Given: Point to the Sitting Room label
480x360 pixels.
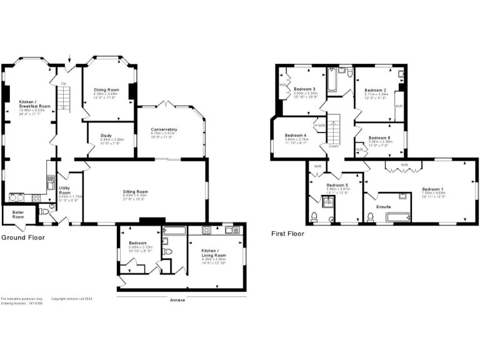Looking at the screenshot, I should pos(135,191).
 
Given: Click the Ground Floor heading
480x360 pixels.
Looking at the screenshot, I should pos(22,238).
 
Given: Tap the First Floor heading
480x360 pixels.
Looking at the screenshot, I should pos(287,234).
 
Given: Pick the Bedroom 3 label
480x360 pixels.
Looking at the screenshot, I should pos(304,89).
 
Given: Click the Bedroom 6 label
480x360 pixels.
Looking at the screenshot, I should pos(379,137).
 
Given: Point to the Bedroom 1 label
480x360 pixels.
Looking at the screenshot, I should pos(432,189).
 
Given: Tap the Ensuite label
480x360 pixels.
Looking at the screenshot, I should pos(384,206).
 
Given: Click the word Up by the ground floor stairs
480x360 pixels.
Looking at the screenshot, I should pos(62,83).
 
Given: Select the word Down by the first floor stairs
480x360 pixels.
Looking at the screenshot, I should pos(333,146).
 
